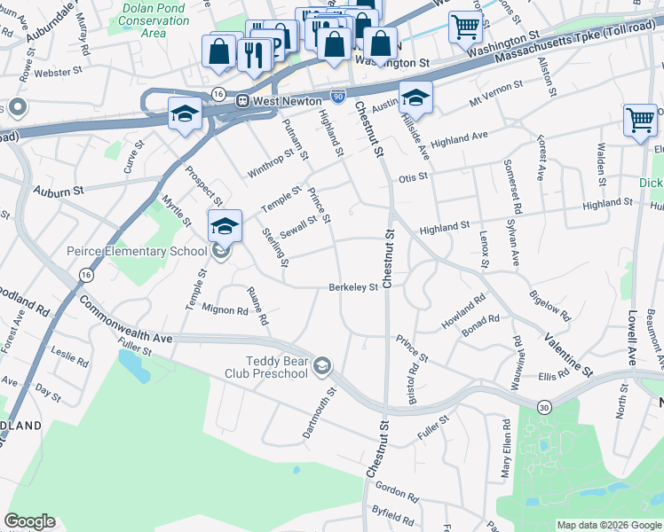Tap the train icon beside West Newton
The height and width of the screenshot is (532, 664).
click(x=241, y=101)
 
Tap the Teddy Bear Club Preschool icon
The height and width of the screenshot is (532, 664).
click(x=322, y=365)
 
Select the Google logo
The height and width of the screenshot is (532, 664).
click(x=29, y=521)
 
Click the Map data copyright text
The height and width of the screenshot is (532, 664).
click(x=609, y=525)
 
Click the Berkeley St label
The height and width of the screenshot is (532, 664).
click(x=353, y=286)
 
